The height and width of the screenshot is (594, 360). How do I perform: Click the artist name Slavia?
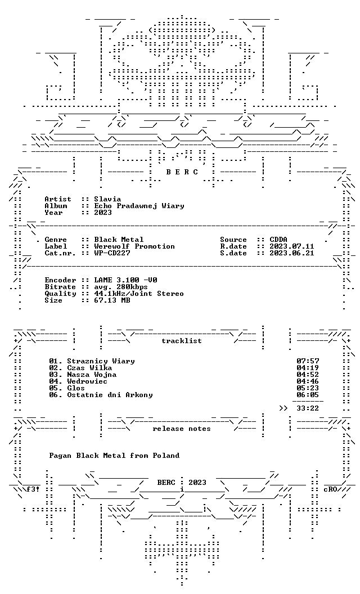107,199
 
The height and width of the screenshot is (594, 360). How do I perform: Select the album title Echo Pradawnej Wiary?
139,206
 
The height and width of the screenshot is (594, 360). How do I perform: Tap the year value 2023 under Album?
103,213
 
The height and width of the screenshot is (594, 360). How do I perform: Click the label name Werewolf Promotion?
134,246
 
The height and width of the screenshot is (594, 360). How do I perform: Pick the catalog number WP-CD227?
112,253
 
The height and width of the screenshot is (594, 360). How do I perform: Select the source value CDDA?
278,240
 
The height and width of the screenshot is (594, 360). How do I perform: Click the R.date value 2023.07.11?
292,246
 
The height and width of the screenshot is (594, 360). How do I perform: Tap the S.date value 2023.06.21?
292,253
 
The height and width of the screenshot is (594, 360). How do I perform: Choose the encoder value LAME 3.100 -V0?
126,280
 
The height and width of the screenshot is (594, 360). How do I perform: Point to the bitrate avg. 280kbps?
121,287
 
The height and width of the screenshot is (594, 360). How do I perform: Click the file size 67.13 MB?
112,300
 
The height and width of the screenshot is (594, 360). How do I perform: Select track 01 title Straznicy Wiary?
101,361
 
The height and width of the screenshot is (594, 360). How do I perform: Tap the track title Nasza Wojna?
92,375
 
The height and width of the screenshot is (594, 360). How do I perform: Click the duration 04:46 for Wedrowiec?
308,381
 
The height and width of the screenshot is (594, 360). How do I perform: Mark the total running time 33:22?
308,408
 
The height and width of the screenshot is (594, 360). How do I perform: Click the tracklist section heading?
182,341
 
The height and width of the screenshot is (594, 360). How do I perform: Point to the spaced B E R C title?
182,172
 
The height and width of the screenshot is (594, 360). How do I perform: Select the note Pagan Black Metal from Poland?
114,456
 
